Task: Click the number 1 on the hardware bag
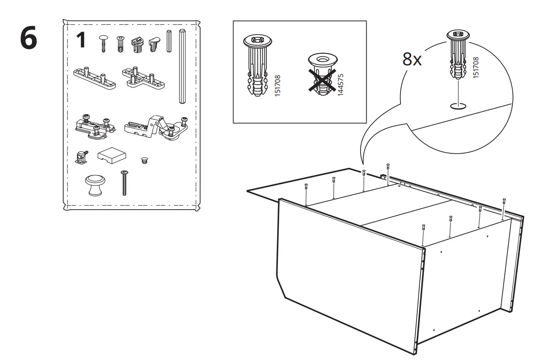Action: point(81,40)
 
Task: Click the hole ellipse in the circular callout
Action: point(458,106)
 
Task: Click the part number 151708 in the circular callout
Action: point(477,67)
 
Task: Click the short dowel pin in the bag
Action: point(169,41)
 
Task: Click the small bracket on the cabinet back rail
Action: point(383,177)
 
